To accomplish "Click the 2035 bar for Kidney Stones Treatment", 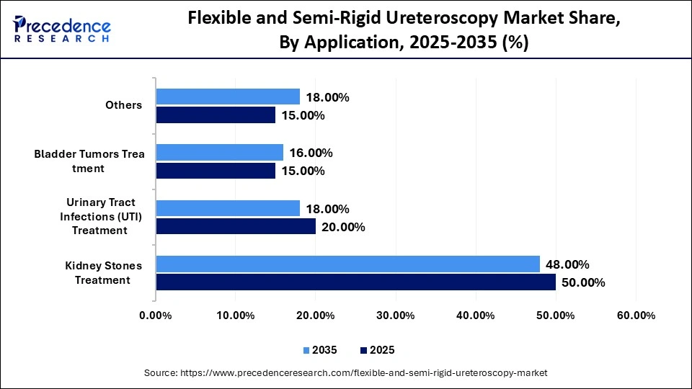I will (x=347, y=264).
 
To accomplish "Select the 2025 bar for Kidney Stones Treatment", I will (x=355, y=282).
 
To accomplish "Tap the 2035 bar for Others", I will (x=228, y=97).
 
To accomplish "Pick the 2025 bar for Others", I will (x=216, y=115).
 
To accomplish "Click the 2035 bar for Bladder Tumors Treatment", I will (x=220, y=153).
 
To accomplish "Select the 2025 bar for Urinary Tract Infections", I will (x=236, y=227).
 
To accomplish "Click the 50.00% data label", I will (x=583, y=282).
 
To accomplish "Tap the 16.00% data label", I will (x=311, y=153).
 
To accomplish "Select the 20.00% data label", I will (x=343, y=227).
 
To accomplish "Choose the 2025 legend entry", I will (x=377, y=350).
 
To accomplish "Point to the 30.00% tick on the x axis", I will (x=395, y=316).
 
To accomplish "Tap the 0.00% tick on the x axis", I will (x=156, y=316).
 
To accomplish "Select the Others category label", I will (x=123, y=105).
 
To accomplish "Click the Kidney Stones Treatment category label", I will (x=103, y=273).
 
